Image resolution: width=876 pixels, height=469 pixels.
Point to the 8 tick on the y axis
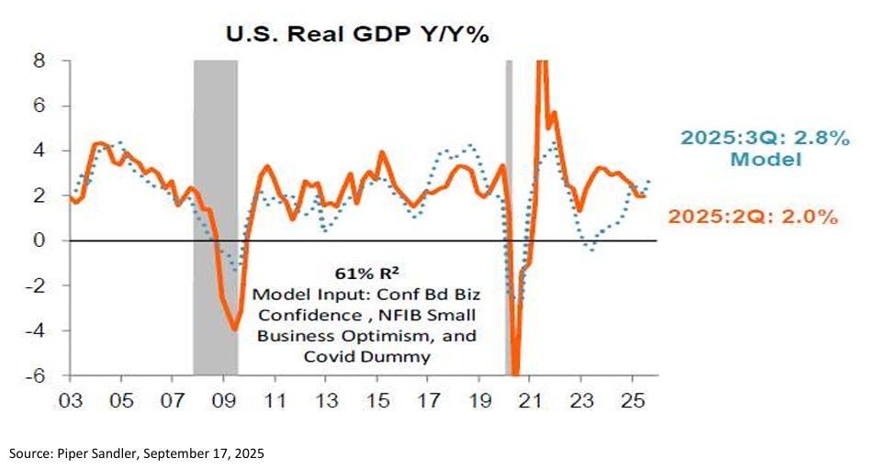(x=40, y=61)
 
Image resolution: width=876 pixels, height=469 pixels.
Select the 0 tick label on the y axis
(x=40, y=240)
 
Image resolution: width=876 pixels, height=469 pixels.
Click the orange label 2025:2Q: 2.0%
(x=755, y=218)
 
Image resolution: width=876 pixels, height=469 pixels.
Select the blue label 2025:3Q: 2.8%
(x=765, y=139)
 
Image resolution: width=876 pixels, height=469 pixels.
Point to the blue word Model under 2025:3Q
(x=765, y=160)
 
